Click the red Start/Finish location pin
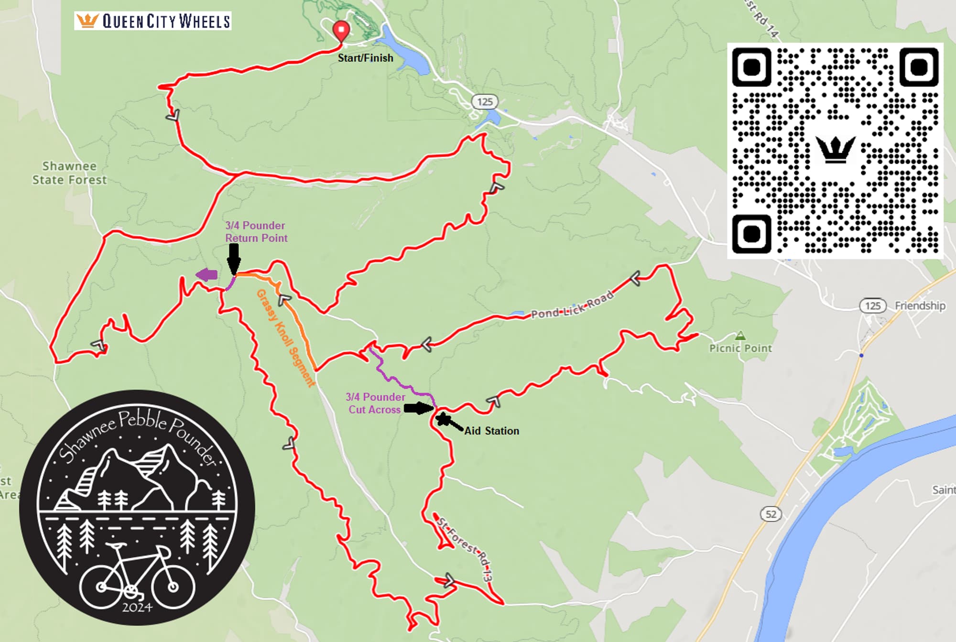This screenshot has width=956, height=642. point(341,30)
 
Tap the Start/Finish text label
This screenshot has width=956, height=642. point(365,58)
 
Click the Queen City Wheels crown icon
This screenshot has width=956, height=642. point(87,21)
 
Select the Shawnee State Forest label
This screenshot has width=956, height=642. point(69,173)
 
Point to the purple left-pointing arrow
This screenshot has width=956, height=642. point(207,275)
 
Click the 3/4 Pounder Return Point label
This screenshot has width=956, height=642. point(256,231)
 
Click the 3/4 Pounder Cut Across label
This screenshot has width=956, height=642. point(375,403)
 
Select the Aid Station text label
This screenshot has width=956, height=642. point(491,431)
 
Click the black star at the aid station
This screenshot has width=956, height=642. point(444,419)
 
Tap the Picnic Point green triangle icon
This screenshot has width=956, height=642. point(740,336)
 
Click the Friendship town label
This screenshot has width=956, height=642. point(920,305)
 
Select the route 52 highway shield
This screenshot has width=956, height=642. point(771,514)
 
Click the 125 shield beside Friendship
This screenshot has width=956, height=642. point(873,305)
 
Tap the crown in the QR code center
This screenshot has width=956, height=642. point(835,149)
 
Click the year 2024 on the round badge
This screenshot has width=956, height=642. point(137,607)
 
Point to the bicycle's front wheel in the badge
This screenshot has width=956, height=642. point(173,586)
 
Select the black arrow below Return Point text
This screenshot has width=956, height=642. point(233,258)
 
